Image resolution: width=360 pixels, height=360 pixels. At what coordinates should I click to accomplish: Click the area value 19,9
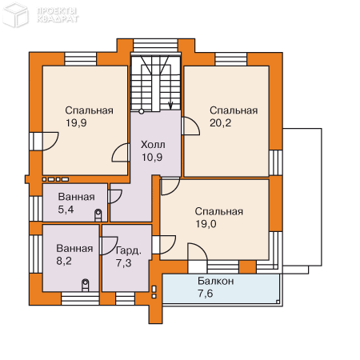76,123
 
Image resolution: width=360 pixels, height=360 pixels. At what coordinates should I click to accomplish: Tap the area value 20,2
220,123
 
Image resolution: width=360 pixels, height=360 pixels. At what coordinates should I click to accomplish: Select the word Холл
153,145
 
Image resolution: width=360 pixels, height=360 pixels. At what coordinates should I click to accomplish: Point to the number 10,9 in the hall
152,158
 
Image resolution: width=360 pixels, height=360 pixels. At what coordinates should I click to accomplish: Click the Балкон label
216,281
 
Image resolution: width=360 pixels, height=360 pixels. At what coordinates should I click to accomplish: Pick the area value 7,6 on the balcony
206,294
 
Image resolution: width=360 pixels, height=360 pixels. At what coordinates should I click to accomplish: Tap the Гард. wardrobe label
128,250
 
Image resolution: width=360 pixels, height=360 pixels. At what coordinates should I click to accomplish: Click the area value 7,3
123,263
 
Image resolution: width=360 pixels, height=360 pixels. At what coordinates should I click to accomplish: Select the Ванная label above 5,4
76,197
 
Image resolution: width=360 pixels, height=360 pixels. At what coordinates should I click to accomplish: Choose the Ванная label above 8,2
74,249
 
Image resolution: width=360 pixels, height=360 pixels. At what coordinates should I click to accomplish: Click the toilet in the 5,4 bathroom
98,215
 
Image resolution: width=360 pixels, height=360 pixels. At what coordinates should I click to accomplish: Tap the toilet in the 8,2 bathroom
86,285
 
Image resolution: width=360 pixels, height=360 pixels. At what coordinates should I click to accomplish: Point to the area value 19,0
206,224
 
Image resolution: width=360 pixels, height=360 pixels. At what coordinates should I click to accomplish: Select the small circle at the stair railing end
142,111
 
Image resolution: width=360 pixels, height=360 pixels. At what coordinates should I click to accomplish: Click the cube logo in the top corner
15,14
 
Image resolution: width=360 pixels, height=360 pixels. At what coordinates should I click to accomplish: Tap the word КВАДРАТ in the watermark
58,19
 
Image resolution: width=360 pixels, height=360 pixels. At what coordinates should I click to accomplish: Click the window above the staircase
155,46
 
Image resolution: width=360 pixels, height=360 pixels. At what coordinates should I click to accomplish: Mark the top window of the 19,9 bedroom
80,59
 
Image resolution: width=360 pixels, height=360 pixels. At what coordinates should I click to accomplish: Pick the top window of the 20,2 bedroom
231,59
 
